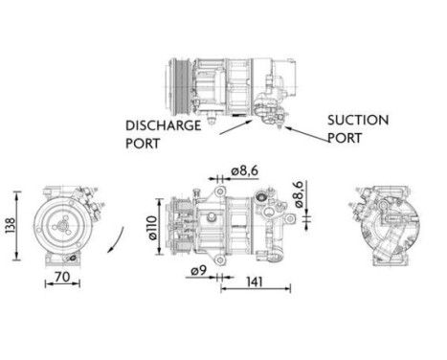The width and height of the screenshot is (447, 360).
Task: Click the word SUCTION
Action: pyautogui.click(x=358, y=121)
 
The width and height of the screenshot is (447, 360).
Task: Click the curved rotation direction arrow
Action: pyautogui.click(x=115, y=235)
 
